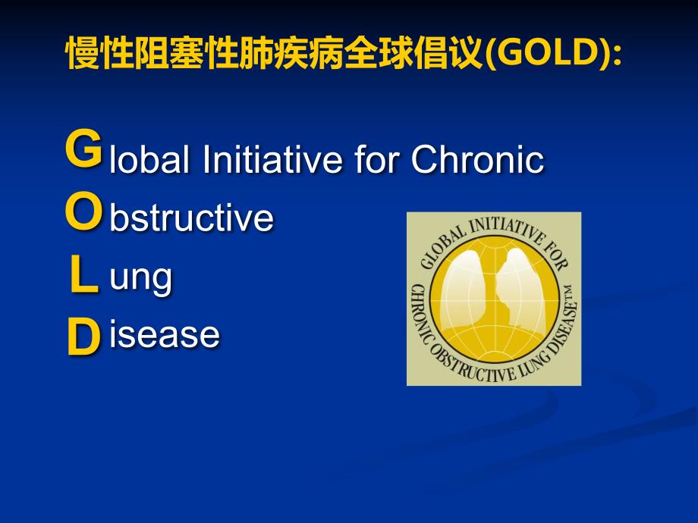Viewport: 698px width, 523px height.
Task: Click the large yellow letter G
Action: coord(83,149)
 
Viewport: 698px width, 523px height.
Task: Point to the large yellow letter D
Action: coord(83,338)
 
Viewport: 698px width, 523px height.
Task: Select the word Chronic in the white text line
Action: coord(476,160)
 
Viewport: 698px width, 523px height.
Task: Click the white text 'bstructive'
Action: coord(191,219)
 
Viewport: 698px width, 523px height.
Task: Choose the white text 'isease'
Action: coord(165,334)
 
